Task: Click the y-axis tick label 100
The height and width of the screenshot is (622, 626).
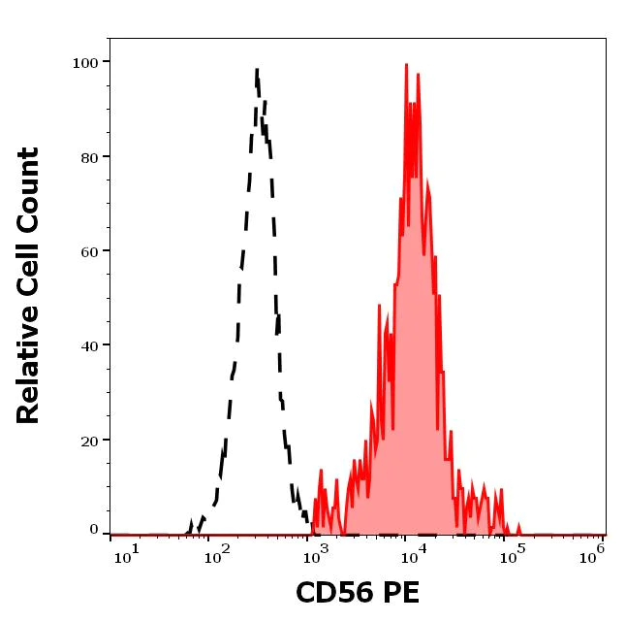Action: tap(86, 63)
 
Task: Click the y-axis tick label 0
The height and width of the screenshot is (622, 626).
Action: tap(94, 530)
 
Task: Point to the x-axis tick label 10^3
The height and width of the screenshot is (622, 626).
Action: tap(316, 552)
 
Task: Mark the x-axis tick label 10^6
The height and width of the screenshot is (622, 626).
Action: tap(594, 550)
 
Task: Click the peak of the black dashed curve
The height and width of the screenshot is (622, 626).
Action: tap(257, 70)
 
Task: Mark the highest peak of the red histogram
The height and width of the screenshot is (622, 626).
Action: tap(407, 64)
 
